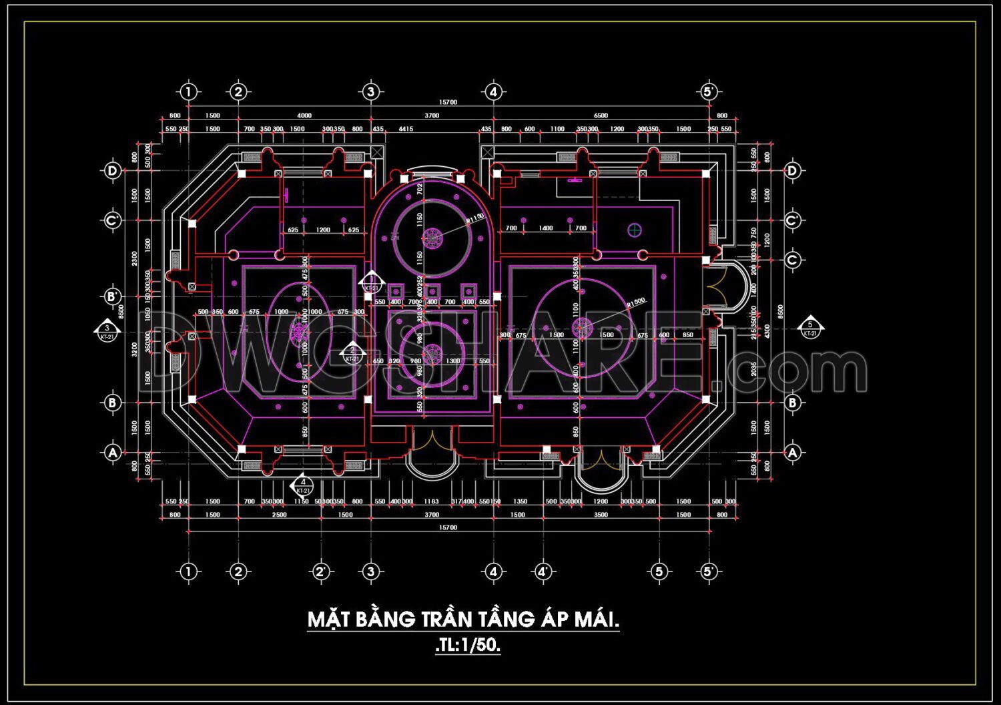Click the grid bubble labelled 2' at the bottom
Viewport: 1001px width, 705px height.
[x=321, y=571]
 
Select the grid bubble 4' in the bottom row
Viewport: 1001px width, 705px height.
[x=543, y=571]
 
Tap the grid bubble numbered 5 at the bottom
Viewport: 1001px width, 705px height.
[x=659, y=571]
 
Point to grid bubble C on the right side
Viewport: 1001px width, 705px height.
[x=792, y=260]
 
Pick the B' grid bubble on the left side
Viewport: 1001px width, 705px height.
[x=112, y=296]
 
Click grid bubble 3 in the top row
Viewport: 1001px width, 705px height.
[x=371, y=91]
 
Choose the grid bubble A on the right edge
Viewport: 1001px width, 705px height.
[x=792, y=453]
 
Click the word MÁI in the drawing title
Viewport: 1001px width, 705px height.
[x=597, y=620]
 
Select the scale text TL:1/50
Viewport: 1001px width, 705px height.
[x=468, y=646]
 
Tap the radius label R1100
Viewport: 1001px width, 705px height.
[x=475, y=218]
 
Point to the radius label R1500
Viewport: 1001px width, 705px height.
[x=636, y=302]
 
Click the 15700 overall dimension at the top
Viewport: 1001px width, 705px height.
[x=448, y=102]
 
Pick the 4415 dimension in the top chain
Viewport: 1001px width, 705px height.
[x=406, y=129]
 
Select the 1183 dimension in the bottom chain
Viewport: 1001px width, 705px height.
[x=431, y=501]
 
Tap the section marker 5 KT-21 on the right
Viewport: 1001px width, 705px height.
[x=810, y=328]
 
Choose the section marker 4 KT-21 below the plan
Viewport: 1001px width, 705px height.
[x=303, y=485]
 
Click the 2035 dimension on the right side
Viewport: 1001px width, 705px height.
[x=754, y=369]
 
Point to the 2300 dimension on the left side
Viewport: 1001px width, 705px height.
[x=135, y=258]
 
